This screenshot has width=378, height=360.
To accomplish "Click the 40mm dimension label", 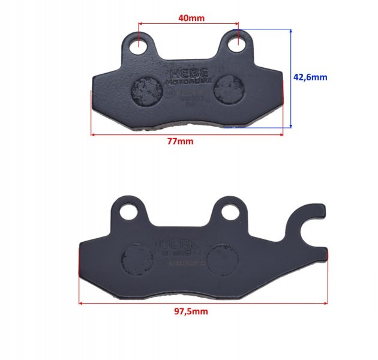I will point(191,17).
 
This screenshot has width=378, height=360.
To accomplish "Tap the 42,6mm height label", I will point(310,77).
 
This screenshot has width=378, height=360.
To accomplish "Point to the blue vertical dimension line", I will point(291,77).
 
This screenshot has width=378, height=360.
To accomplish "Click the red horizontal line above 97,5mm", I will point(203,303).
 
